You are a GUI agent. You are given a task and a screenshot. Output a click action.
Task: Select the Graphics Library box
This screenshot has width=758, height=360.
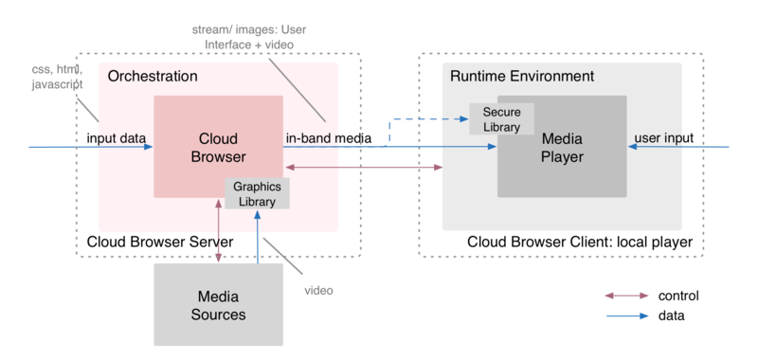pos(257,193)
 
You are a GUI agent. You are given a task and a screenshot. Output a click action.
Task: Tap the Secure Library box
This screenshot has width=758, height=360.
pos(501,119)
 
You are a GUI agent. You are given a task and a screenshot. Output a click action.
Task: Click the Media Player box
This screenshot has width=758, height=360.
pos(561,147)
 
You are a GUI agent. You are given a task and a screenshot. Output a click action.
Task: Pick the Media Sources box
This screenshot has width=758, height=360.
pos(219,305)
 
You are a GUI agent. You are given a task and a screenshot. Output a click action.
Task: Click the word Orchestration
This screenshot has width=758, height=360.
pos(153,76)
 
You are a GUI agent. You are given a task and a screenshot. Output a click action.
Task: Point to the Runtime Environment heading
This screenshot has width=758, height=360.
pos(521,76)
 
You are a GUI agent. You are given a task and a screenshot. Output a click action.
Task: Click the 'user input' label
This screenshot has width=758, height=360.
pos(664,138)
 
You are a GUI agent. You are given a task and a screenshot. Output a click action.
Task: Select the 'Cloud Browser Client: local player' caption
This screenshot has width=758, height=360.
pos(580,243)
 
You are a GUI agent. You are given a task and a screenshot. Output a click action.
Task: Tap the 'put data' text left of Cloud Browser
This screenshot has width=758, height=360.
pos(120,138)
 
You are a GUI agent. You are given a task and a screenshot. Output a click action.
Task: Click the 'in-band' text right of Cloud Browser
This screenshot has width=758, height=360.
pos(306,138)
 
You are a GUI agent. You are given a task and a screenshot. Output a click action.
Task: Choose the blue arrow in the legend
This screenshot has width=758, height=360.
pos(626,316)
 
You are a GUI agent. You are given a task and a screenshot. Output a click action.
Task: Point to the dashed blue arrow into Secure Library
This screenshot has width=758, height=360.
pos(426,119)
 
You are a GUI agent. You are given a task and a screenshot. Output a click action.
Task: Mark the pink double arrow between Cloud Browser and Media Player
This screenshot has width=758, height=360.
pos(365,168)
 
